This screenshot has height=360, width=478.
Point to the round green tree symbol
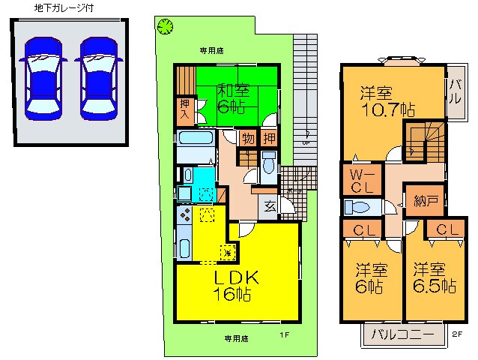click(x=165, y=27)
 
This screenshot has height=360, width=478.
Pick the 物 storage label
click(x=247, y=138)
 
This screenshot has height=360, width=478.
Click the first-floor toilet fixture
click(x=269, y=164)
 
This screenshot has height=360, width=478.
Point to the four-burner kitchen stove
click(x=184, y=217)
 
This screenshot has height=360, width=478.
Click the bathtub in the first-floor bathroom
click(x=196, y=140)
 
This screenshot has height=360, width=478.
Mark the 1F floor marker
click(x=284, y=334)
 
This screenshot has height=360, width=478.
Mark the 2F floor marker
click(x=457, y=334)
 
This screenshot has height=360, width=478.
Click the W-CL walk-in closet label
click(x=357, y=179)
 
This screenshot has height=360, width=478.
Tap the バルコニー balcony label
click(x=401, y=334)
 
